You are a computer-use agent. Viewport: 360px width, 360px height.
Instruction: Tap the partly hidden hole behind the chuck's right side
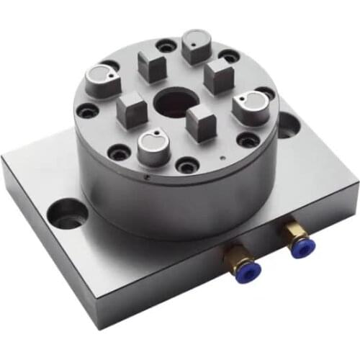288,126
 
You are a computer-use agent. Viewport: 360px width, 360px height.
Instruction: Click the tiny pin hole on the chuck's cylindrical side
147,175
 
